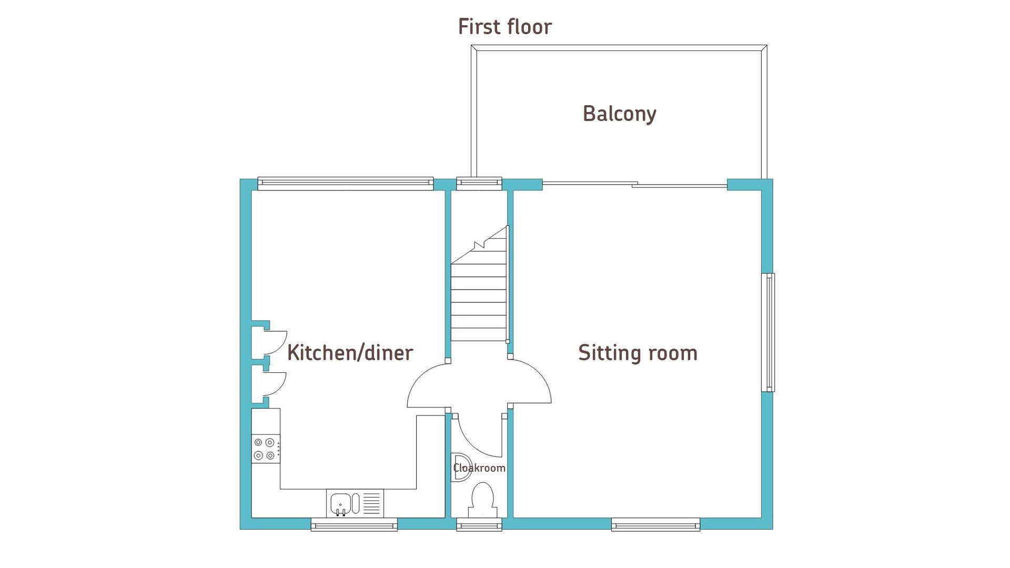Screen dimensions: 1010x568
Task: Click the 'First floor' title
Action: (x=505, y=27)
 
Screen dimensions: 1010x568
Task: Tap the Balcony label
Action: (x=620, y=114)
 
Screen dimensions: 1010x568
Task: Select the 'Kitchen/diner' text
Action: (x=350, y=353)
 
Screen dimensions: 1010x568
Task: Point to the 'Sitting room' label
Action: (x=638, y=353)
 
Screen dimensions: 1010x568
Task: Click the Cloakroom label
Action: (x=479, y=468)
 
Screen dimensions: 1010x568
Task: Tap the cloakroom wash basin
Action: (x=461, y=467)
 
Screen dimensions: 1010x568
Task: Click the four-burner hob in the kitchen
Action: (x=266, y=449)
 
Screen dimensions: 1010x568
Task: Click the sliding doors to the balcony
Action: (x=634, y=184)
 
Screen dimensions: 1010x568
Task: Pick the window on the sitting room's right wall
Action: (x=769, y=332)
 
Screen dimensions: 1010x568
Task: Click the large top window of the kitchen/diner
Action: (x=346, y=183)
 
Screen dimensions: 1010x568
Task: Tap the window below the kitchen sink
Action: (x=354, y=524)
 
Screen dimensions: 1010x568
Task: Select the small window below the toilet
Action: (x=479, y=524)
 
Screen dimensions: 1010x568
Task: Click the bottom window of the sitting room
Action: (x=655, y=524)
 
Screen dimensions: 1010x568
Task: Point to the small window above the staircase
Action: (x=479, y=183)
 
